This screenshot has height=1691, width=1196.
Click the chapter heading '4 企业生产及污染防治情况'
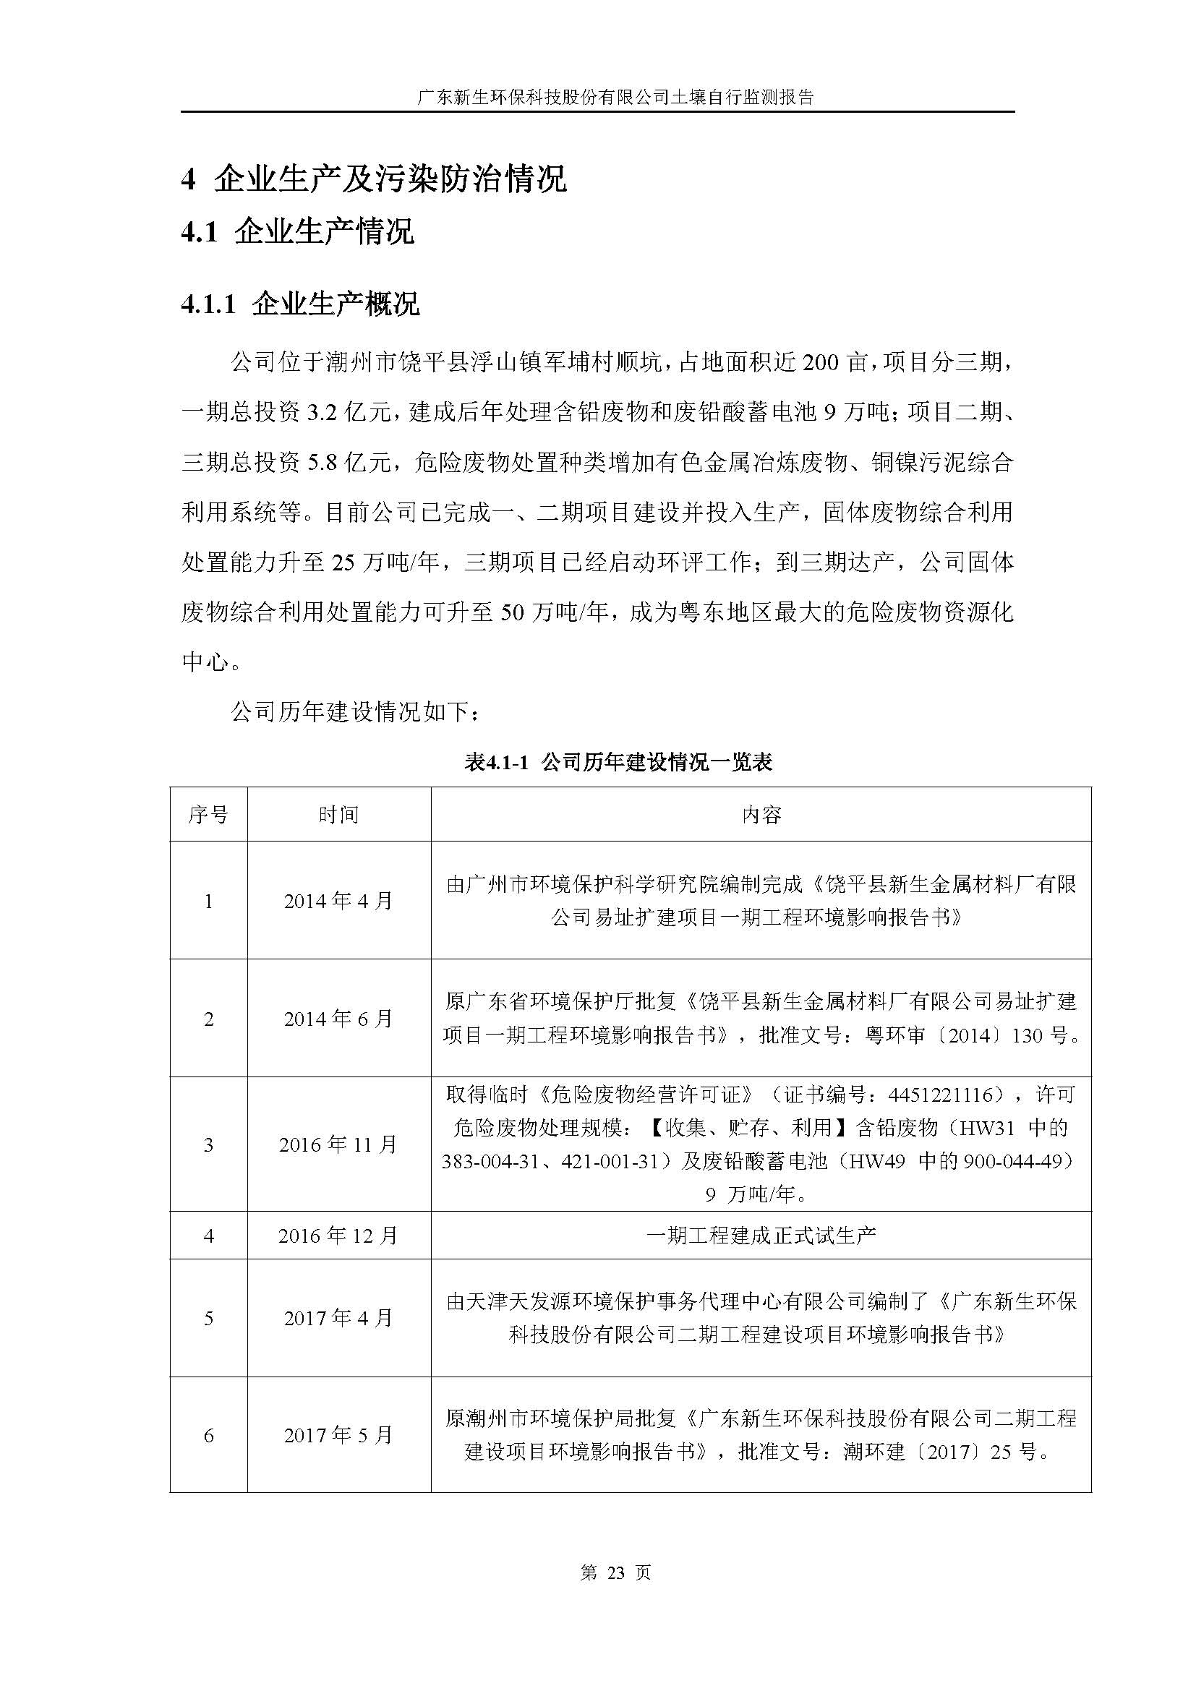click(x=373, y=179)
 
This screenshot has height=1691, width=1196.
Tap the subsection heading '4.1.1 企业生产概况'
click(x=300, y=304)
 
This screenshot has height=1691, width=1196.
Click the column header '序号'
click(x=208, y=815)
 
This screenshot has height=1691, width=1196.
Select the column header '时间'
click(x=338, y=815)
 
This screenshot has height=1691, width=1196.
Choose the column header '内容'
click(x=761, y=815)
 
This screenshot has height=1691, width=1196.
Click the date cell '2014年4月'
click(x=338, y=901)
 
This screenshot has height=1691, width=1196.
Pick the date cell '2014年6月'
click(x=338, y=1019)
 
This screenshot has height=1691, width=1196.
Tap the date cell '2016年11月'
click(x=338, y=1144)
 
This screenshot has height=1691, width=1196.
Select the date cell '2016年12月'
click(x=338, y=1236)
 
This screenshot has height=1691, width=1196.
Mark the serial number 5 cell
click(x=208, y=1318)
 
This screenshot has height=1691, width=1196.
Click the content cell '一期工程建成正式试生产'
click(x=761, y=1236)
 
